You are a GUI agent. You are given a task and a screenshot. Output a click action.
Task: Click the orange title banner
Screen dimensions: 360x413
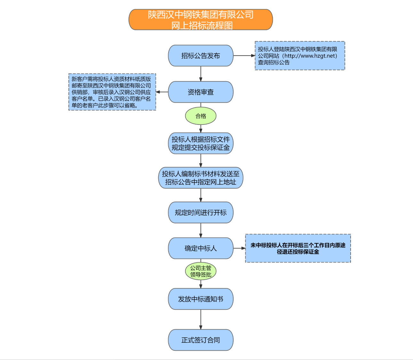point(201,20)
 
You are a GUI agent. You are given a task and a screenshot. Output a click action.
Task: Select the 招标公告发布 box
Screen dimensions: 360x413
point(201,56)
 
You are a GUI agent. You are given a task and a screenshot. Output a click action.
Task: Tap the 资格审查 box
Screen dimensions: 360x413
point(201,92)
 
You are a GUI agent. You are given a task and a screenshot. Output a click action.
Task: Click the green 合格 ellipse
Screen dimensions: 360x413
point(201,116)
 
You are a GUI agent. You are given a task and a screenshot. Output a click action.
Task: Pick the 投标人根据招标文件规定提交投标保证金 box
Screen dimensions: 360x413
point(201,143)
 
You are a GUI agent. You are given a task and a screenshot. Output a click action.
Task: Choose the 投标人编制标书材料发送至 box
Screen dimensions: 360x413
point(201,178)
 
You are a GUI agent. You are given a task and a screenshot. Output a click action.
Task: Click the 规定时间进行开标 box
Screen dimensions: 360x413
point(201,212)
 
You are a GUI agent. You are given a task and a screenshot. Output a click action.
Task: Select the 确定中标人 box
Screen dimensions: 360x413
point(201,248)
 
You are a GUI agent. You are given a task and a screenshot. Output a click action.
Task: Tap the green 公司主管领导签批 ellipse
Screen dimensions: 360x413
point(201,271)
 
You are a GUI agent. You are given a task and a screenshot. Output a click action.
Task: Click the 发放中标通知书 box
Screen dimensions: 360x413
point(201,299)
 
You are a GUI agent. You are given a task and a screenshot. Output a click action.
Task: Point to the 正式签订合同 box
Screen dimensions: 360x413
point(201,340)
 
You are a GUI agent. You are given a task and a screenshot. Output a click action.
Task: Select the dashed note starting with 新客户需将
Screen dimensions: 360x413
point(112,92)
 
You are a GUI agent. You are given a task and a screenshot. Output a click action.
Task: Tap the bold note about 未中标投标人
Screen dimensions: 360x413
point(298,248)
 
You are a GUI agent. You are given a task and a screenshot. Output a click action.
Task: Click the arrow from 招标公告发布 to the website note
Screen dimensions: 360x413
point(244,56)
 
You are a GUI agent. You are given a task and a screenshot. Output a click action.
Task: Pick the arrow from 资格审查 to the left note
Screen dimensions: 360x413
point(162,92)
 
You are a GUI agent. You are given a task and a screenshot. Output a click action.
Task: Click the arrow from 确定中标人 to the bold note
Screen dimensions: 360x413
point(239,248)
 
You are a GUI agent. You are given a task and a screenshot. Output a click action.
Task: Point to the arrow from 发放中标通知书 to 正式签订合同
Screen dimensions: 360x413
point(201,319)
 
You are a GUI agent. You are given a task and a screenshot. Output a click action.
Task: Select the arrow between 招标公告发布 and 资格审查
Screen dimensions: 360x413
point(201,74)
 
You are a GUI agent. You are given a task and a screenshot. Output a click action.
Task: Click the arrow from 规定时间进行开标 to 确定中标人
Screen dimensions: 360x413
point(201,230)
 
